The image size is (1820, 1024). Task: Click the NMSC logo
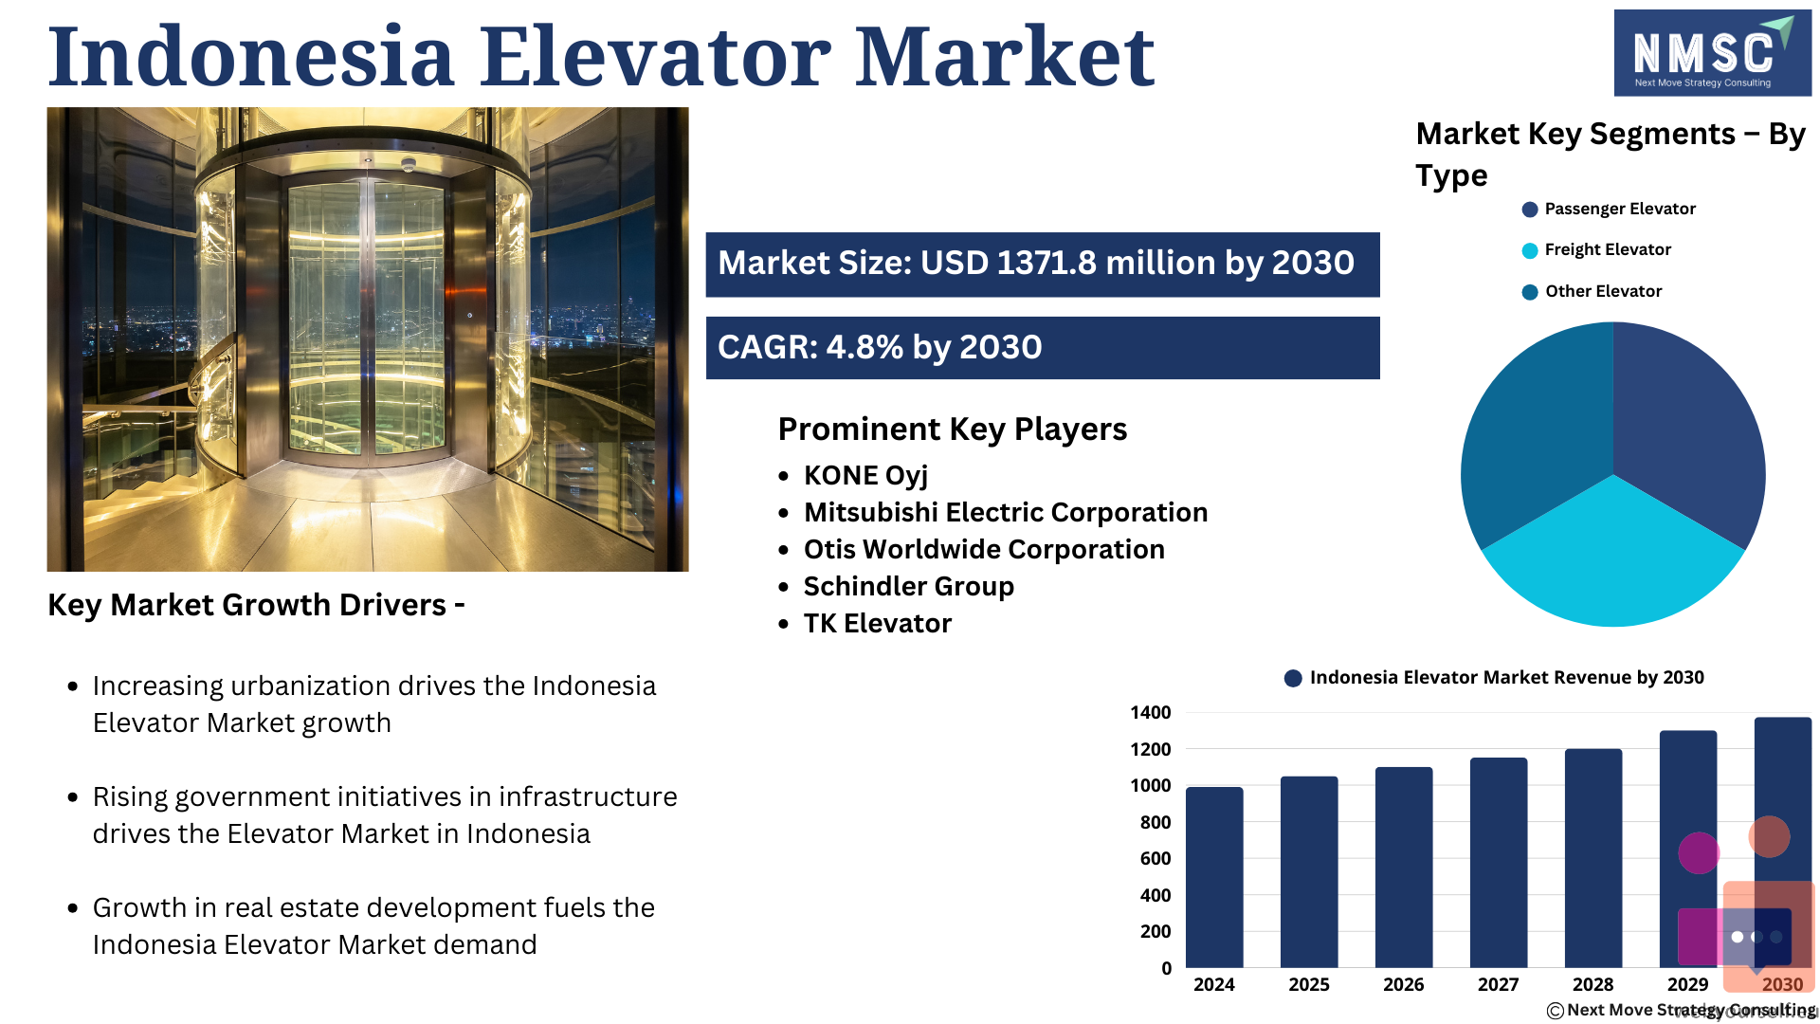(1713, 53)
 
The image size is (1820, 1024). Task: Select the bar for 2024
(1214, 877)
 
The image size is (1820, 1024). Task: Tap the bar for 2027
(1499, 863)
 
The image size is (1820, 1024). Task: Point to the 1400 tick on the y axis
(1151, 712)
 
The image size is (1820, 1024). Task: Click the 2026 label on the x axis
(1404, 984)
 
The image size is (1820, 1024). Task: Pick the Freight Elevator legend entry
(1597, 249)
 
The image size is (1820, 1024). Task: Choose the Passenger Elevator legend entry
(1609, 209)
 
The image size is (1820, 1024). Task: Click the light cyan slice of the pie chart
(1613, 559)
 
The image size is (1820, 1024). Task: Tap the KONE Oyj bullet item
(865, 475)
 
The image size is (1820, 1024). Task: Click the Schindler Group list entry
(908, 586)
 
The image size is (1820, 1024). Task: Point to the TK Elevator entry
(877, 623)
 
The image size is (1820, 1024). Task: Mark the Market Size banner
(1043, 265)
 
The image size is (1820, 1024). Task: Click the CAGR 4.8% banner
(1043, 348)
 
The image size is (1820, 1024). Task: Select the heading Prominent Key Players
(953, 429)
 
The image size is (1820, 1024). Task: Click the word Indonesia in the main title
(251, 56)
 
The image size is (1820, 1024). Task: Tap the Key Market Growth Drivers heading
(256, 605)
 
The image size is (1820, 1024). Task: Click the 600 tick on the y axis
(1156, 858)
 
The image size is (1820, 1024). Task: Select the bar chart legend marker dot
(1293, 678)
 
